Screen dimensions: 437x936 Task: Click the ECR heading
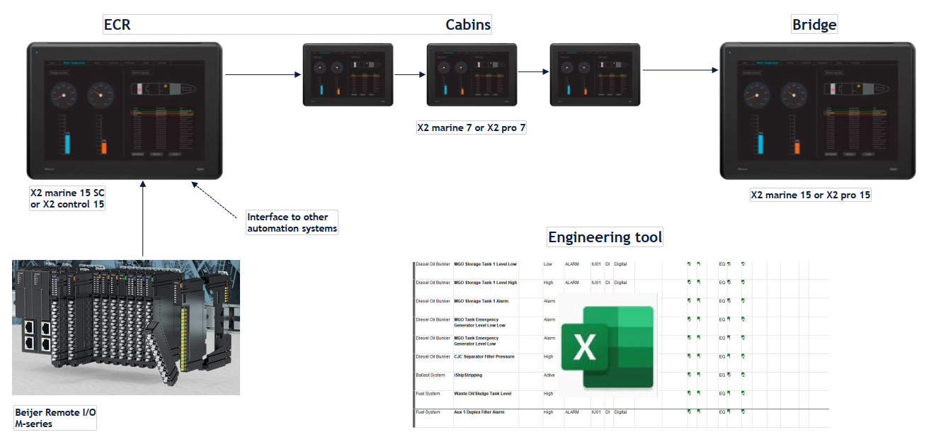(x=118, y=25)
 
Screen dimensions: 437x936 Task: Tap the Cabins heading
(x=467, y=25)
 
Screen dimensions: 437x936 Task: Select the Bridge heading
(x=814, y=25)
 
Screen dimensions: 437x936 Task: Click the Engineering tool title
(x=605, y=237)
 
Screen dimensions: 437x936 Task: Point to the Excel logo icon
(x=607, y=346)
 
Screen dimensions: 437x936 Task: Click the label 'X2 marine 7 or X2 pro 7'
(x=471, y=128)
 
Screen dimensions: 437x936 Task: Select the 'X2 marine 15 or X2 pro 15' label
(x=811, y=195)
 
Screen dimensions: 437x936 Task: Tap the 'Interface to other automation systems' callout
(x=292, y=222)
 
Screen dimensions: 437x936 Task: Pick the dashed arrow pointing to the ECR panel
(x=216, y=198)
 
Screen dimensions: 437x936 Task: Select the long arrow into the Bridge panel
(x=680, y=70)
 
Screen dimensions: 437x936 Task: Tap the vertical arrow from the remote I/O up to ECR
(x=143, y=220)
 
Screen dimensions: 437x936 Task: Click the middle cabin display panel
(x=472, y=75)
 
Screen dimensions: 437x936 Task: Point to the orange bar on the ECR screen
(x=103, y=147)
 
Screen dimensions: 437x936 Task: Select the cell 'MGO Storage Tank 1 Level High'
(x=485, y=283)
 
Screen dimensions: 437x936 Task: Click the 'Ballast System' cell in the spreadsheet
(x=430, y=375)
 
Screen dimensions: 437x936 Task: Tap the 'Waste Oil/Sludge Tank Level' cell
(x=482, y=393)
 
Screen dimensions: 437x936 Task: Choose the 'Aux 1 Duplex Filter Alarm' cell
(x=479, y=412)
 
